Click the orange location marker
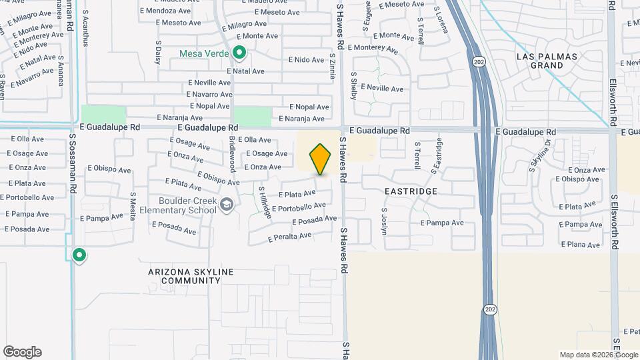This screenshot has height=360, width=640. (x=321, y=159)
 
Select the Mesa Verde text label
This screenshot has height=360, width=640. (x=204, y=53)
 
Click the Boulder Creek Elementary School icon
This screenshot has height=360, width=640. (x=227, y=205)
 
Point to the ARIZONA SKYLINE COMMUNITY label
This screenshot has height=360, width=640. (x=183, y=277)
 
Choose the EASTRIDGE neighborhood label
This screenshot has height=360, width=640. (x=411, y=191)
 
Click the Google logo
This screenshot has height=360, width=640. (x=22, y=352)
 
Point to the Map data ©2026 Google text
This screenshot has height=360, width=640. (x=598, y=355)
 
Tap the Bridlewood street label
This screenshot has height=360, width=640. (x=233, y=154)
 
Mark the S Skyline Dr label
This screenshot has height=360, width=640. (x=541, y=155)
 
